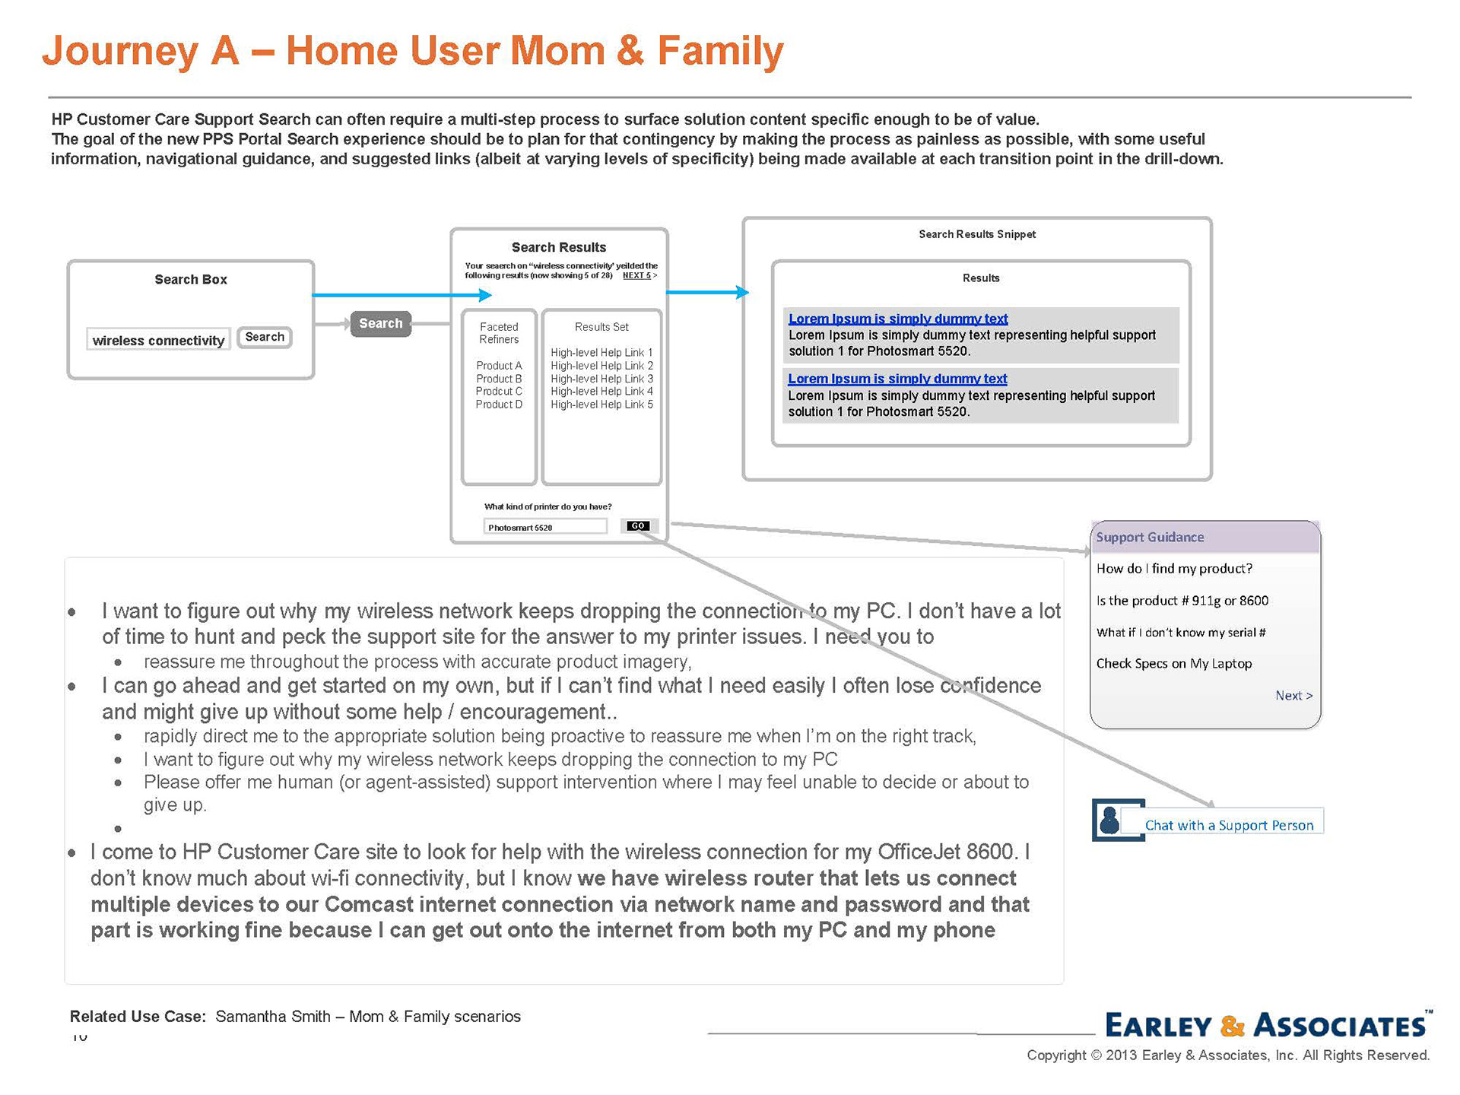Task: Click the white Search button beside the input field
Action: pos(264,337)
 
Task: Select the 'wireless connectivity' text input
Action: pos(158,340)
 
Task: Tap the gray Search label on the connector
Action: pos(380,323)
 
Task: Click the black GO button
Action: pos(637,525)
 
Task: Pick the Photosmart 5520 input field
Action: pos(544,526)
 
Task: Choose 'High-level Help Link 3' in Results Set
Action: pos(601,379)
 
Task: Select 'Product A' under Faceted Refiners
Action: pos(499,366)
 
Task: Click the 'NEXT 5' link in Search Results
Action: pos(637,275)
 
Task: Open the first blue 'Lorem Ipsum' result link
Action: pos(897,319)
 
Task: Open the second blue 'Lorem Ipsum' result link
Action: pos(897,379)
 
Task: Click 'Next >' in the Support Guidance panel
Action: pos(1293,696)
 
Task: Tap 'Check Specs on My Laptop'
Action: pos(1173,664)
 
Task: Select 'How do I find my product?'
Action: pos(1173,569)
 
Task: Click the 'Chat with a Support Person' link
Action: pos(1229,825)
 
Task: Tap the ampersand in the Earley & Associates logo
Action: pos(1232,1026)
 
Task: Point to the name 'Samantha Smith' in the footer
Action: pos(272,1017)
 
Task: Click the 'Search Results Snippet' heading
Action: pos(976,234)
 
